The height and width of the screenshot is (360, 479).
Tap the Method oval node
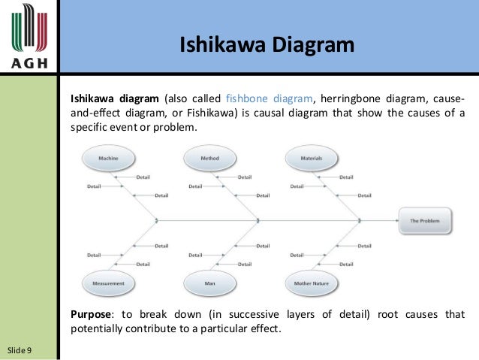209,159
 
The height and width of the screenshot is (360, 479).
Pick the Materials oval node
311,159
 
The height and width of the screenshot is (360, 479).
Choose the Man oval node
209,283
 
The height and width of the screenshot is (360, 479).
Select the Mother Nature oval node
311,283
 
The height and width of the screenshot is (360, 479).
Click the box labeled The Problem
425,221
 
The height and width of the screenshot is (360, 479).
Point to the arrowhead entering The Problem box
396,220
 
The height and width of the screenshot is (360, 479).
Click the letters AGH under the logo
30,62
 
